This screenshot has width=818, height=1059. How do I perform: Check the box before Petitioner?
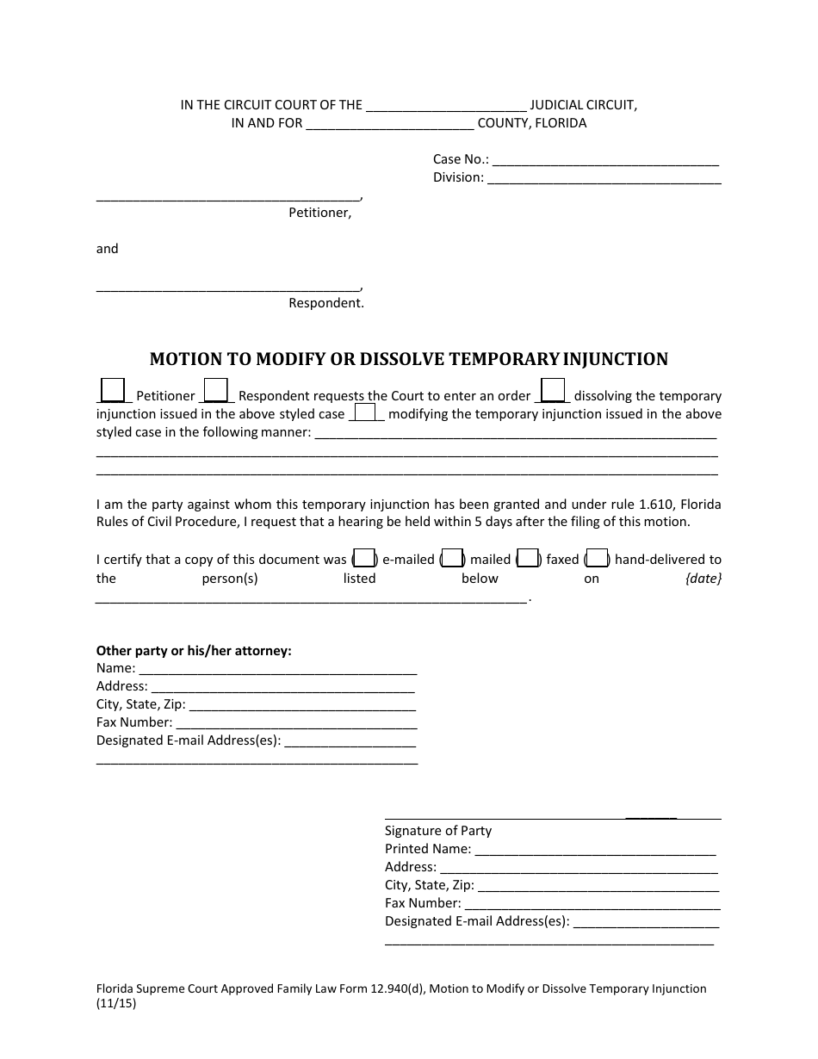click(x=113, y=390)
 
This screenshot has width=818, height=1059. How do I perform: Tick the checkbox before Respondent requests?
click(x=215, y=390)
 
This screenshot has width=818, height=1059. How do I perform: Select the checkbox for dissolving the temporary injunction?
click(x=553, y=390)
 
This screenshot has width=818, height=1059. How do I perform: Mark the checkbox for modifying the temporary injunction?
click(x=368, y=412)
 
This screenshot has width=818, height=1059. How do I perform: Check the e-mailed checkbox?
click(x=364, y=558)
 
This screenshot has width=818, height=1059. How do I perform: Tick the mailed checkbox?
click(x=453, y=558)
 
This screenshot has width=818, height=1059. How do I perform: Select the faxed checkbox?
click(x=529, y=558)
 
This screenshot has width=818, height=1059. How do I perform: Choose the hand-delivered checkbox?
click(x=598, y=558)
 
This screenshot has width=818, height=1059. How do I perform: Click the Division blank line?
click(x=604, y=178)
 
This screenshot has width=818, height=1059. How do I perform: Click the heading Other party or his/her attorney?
click(x=194, y=651)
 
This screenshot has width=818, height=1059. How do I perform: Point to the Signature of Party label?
click(x=437, y=831)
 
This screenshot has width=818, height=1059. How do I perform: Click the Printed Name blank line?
click(x=595, y=850)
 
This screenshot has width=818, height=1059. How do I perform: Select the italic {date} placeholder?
click(x=703, y=579)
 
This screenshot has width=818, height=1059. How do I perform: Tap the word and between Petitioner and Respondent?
click(x=107, y=249)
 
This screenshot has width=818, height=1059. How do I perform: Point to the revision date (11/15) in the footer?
click(x=115, y=1003)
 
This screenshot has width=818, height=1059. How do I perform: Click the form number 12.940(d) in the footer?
click(x=391, y=988)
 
